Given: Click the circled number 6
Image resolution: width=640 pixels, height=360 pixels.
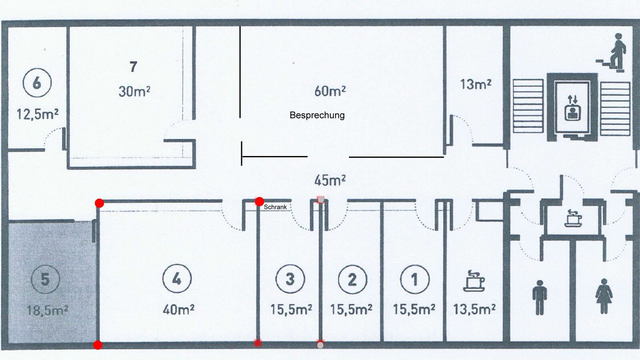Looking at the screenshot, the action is [x=37, y=83].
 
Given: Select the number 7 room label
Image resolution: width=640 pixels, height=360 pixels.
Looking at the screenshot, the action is [x=134, y=67].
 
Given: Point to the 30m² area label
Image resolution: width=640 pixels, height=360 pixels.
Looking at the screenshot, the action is [x=134, y=92].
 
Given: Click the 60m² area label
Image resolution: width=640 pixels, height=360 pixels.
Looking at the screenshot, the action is [x=330, y=91].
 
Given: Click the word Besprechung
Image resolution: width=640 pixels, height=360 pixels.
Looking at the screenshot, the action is [x=317, y=115].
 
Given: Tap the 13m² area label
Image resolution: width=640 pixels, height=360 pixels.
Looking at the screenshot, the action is [x=476, y=84].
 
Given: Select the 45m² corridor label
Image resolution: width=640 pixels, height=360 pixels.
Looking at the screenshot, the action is [x=330, y=180].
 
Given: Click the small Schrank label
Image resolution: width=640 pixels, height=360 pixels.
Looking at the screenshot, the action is [x=275, y=207].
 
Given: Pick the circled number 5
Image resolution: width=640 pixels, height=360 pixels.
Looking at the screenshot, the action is [x=46, y=279].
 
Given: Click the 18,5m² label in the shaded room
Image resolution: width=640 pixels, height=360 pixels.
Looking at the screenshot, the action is [x=48, y=310].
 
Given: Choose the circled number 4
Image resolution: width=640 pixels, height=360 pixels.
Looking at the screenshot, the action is [x=177, y=278].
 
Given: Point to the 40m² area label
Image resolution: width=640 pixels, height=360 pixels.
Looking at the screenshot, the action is [x=178, y=310].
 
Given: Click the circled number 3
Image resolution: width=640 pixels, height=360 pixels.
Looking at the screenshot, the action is [x=290, y=279].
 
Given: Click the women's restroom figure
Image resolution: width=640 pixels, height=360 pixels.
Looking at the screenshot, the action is [x=604, y=296].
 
